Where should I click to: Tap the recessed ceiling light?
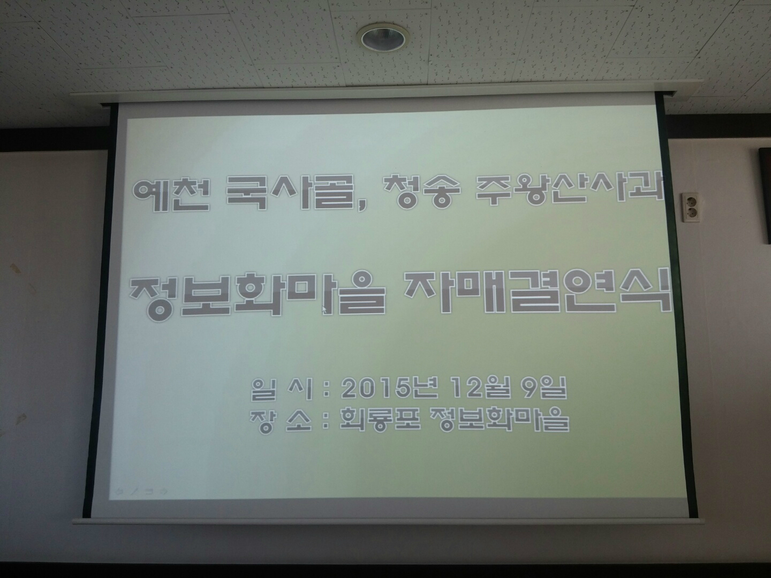pos(383,39)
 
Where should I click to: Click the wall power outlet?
pos(691,207)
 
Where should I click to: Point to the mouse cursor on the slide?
pos(324,309)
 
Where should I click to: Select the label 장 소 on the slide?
pos(281,421)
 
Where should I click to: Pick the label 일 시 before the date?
pos(281,389)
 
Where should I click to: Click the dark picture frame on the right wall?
pos(765,195)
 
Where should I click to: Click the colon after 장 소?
pos(326,421)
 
